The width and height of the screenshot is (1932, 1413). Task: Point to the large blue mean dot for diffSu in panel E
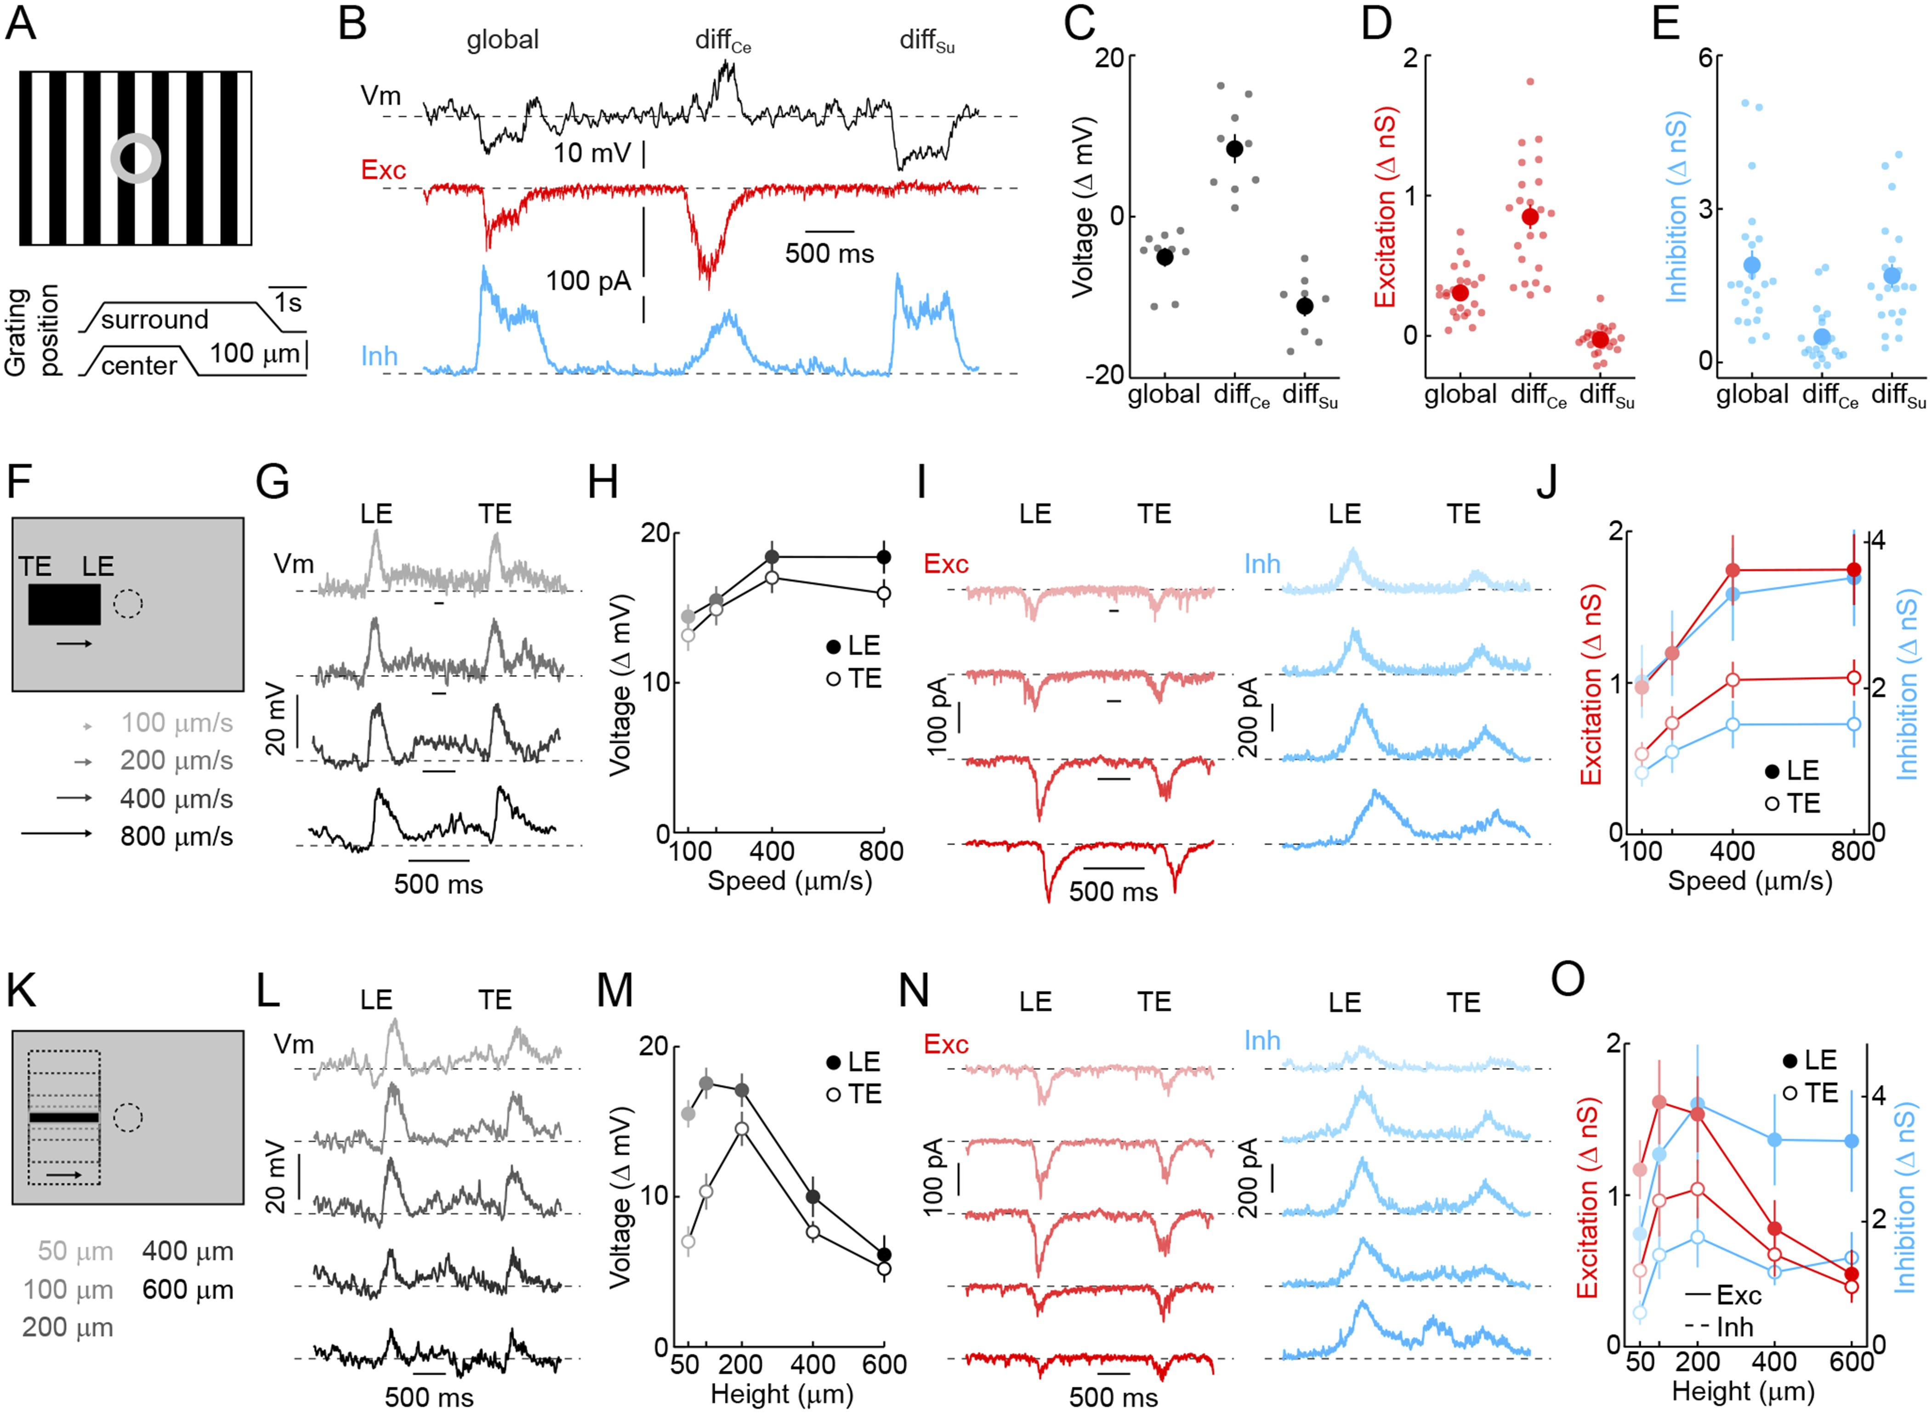[1891, 275]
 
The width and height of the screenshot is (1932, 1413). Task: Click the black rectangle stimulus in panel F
[64, 605]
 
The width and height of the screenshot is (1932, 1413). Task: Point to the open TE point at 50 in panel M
[688, 1241]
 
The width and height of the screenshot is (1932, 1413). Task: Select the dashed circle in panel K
[128, 1117]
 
